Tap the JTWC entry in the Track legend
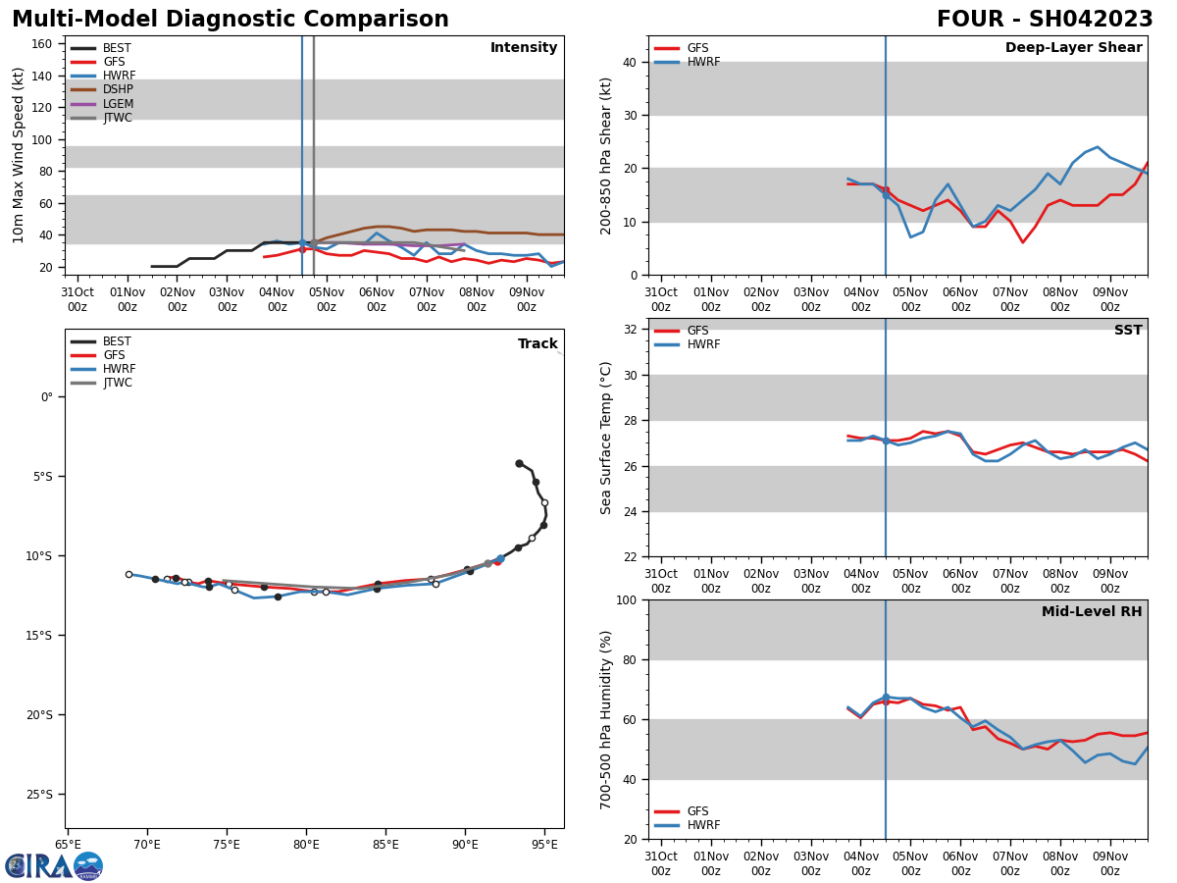(114, 383)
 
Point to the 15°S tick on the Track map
(40, 635)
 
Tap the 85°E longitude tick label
(385, 844)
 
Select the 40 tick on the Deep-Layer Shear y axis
(628, 62)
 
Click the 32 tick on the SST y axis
(628, 330)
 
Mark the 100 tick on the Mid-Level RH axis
(624, 599)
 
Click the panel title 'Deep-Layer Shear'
(1073, 48)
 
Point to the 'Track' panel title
(537, 344)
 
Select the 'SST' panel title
(1128, 331)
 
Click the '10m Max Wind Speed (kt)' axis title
(20, 155)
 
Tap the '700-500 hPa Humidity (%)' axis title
(606, 719)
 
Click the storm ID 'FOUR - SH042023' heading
(1045, 20)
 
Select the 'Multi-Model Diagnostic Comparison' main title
(230, 20)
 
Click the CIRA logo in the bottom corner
(54, 865)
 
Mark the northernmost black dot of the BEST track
(519, 463)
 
